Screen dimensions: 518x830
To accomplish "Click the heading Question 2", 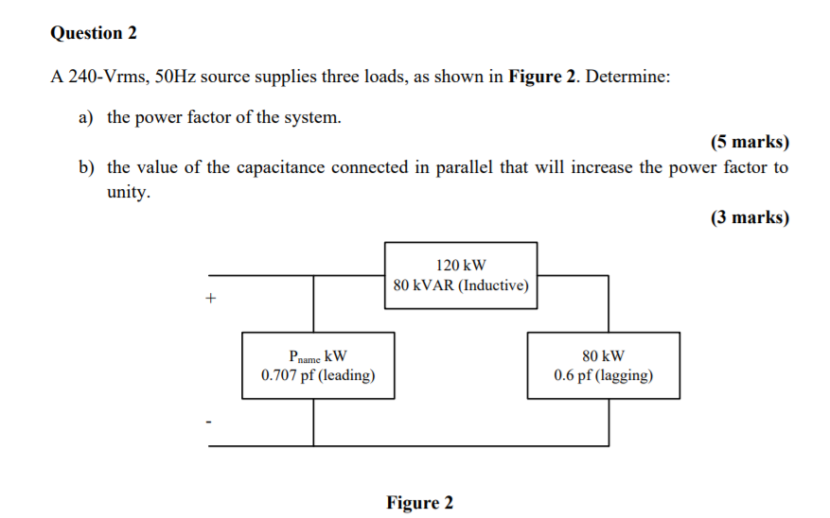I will (94, 33).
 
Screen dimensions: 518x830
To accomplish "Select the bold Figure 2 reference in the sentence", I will (541, 78).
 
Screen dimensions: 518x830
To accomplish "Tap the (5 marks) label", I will (749, 144).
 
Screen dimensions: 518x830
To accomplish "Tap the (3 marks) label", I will (749, 217).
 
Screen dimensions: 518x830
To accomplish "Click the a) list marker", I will (86, 118).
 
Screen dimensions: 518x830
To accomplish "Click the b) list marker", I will (87, 168).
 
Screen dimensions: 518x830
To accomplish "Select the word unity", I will (128, 192).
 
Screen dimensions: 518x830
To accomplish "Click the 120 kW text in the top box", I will (461, 266).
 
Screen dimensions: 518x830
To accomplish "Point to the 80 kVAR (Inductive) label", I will (461, 285).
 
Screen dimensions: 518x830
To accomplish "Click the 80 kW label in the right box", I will (603, 356).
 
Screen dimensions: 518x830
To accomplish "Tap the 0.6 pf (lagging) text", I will (603, 375).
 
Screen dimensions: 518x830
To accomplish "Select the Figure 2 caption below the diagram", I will (419, 503).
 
